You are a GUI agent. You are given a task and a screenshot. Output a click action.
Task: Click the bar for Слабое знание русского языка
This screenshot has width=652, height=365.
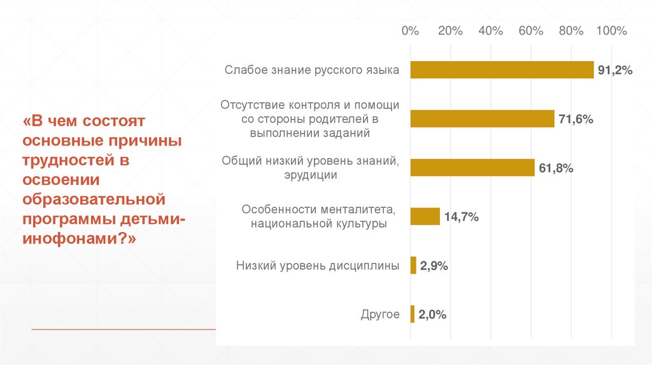coord(502,70)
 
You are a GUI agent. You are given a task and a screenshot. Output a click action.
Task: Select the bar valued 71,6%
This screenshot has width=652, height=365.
coord(482,119)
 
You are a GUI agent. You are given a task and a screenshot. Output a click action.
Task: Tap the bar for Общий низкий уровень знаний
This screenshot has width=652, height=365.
coord(472,168)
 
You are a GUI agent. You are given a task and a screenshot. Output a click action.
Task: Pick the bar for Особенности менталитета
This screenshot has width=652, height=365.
coord(425,217)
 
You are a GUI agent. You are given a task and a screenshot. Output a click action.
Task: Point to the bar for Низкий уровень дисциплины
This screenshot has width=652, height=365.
coord(413,266)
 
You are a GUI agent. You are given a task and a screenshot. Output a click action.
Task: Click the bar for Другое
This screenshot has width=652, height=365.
coord(413,314)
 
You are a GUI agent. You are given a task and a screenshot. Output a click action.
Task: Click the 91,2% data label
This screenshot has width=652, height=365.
coord(615,71)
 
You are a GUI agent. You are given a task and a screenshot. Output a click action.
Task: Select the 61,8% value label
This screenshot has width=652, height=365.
coord(556,169)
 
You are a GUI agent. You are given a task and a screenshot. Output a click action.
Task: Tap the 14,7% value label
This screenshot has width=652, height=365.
coord(462,217)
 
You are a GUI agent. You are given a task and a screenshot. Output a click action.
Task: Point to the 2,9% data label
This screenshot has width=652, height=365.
coord(434,266)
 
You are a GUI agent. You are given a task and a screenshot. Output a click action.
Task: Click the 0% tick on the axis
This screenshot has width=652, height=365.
coord(411,31)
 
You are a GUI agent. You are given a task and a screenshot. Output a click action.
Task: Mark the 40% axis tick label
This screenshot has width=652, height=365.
coord(491,31)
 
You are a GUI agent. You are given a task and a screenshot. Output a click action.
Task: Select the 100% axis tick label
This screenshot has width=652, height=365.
coord(611,31)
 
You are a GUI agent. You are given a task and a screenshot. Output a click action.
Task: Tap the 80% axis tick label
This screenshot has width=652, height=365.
coord(571,31)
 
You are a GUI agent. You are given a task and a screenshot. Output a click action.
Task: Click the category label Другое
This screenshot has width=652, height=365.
coord(380,315)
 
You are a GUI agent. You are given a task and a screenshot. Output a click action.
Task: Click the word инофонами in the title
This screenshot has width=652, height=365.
coord(71,240)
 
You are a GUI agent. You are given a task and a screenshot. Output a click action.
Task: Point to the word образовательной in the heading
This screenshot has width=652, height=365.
coord(94,200)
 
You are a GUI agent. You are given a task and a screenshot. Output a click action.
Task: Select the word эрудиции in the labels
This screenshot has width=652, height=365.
coord(311,175)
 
